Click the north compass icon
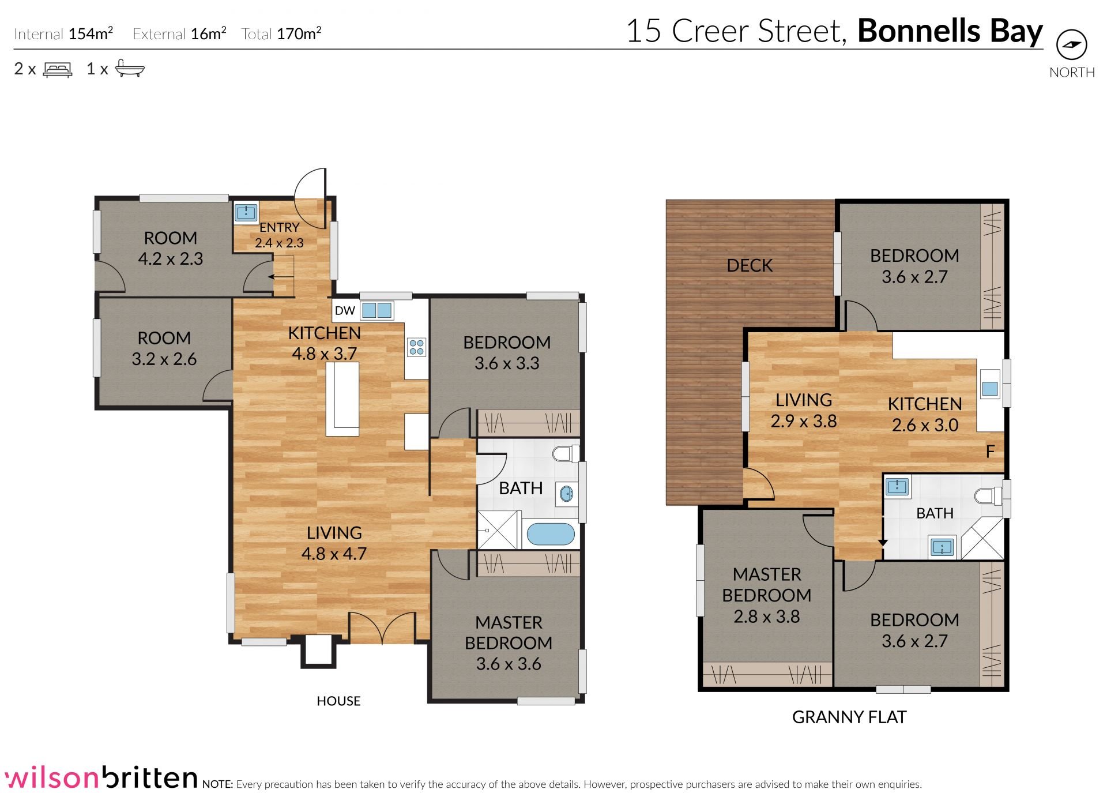tap(1071, 45)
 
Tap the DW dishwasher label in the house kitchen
tap(345, 310)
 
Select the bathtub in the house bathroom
tap(551, 534)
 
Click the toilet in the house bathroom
tap(566, 454)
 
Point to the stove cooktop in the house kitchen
tap(416, 347)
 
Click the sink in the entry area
tap(246, 212)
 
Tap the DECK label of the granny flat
tap(750, 265)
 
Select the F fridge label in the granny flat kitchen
tap(990, 452)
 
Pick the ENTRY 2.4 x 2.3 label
tap(279, 235)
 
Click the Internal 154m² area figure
tap(63, 33)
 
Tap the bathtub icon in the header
tap(130, 68)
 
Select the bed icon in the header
tap(58, 70)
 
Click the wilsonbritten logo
tap(101, 777)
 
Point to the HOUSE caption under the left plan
tap(338, 701)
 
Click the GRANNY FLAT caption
tap(849, 717)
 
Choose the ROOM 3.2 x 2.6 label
tap(164, 348)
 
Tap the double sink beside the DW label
tap(377, 310)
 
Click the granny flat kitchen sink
tap(990, 388)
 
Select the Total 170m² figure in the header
tap(281, 33)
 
